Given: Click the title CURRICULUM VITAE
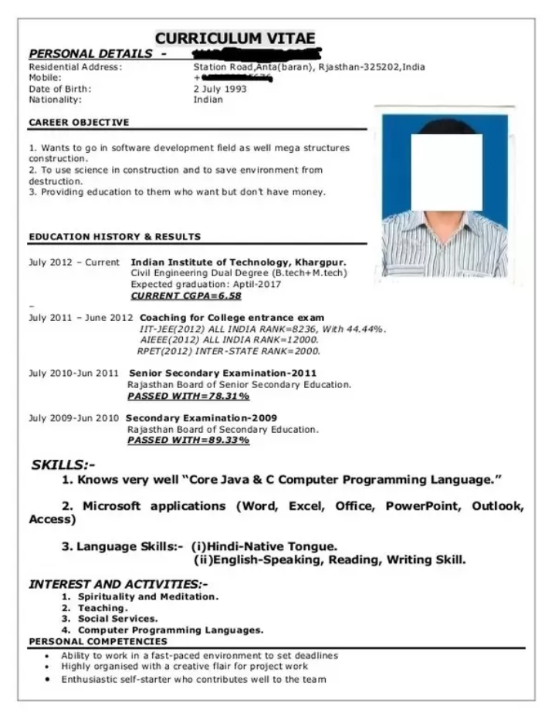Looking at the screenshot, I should [x=235, y=39].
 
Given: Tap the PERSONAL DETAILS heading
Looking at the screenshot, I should [x=90, y=54].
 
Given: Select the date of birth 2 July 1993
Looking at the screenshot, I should [x=220, y=89].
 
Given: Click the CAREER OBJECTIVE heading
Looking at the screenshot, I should [x=79, y=122].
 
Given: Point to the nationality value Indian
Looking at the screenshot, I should [x=208, y=100].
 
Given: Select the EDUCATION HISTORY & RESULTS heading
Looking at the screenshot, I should [x=114, y=237].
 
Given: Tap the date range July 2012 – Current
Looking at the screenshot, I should [x=74, y=262].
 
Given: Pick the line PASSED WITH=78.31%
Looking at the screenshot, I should [x=188, y=396].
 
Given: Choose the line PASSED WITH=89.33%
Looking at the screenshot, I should [x=188, y=441].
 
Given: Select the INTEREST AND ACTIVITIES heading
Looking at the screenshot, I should [x=118, y=584].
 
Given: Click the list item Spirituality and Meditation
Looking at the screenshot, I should [x=148, y=596].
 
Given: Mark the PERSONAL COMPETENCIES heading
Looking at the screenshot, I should [x=97, y=641].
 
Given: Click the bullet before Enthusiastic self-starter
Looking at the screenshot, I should [x=48, y=680].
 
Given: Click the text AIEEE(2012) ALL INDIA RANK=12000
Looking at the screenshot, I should [x=229, y=339].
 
